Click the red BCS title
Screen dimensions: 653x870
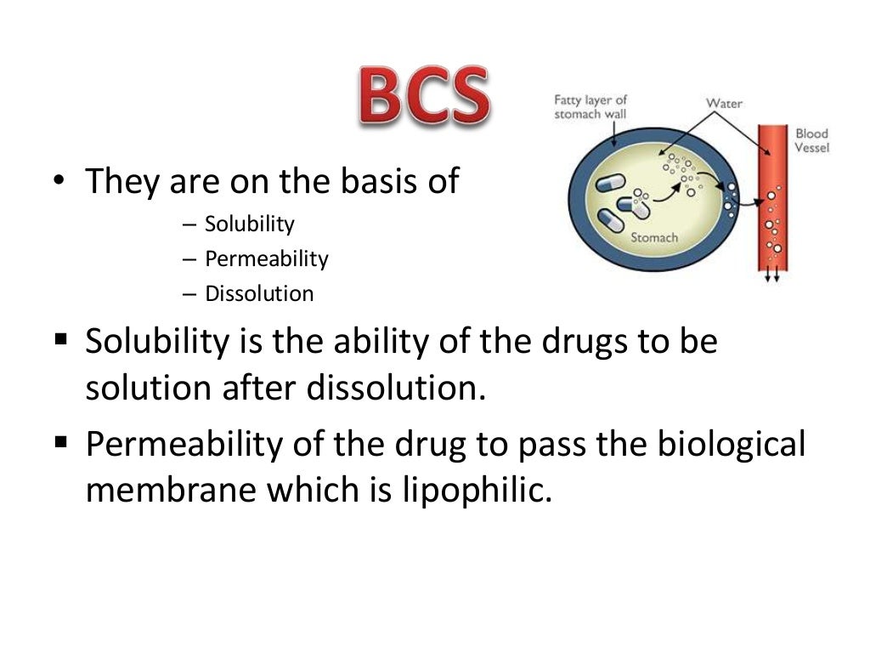422,98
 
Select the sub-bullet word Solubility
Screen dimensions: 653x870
249,224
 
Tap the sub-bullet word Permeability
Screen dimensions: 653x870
266,258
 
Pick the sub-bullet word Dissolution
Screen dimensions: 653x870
259,294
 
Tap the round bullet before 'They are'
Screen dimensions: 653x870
57,182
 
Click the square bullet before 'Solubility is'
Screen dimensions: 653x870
60,341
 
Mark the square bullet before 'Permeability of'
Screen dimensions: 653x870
60,441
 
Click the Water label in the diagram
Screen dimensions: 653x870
724,104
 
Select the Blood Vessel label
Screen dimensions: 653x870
811,140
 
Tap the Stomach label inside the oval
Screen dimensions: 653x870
653,237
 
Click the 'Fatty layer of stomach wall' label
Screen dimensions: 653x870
590,107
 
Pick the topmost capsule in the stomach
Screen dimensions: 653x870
611,185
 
